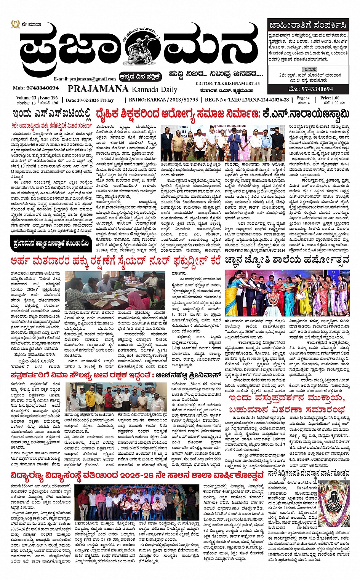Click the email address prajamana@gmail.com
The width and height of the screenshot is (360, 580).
(x=85, y=79)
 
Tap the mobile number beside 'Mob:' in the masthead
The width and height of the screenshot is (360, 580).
(x=42, y=88)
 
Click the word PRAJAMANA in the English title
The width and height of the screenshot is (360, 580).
(x=98, y=89)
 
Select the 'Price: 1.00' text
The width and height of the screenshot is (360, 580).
(x=330, y=98)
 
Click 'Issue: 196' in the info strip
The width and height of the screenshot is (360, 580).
(x=49, y=98)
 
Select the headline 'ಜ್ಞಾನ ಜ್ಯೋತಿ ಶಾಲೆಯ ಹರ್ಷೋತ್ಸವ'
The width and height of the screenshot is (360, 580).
(x=287, y=261)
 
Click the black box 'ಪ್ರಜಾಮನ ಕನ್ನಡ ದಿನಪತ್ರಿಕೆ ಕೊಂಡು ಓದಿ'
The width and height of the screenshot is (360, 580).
(x=52, y=242)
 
